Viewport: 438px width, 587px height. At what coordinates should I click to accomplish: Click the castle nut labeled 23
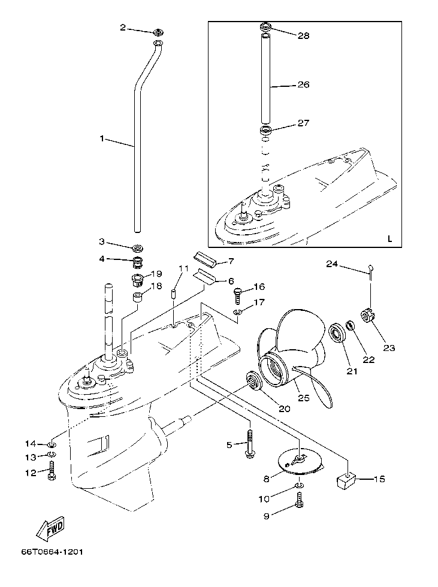[x=367, y=316]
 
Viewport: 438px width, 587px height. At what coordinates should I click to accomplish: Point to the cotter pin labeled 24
[x=371, y=271]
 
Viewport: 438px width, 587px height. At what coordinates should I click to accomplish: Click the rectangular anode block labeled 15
[x=346, y=479]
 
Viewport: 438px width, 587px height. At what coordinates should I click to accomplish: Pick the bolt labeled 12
[x=52, y=473]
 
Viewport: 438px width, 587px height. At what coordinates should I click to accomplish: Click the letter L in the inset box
[x=389, y=238]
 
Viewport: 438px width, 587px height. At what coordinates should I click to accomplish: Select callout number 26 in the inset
[x=303, y=85]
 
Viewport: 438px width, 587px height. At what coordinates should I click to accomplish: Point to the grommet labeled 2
[x=158, y=31]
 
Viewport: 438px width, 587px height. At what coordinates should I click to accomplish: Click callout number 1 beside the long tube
[x=102, y=138]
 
